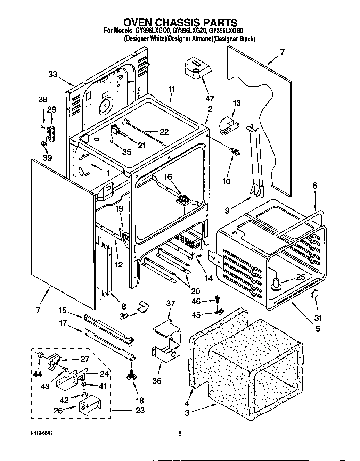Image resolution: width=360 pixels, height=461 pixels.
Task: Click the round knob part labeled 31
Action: tap(314, 294)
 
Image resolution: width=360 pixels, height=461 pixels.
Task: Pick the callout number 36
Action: tap(157, 381)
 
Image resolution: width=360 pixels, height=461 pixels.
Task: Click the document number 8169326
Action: tap(41, 434)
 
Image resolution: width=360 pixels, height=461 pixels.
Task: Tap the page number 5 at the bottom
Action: tap(180, 434)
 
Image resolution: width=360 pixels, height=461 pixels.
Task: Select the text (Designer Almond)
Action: tap(189, 39)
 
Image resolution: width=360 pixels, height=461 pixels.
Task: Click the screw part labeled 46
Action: tap(218, 298)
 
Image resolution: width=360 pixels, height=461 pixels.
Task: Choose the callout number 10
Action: tap(226, 181)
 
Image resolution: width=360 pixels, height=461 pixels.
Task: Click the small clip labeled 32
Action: tap(142, 306)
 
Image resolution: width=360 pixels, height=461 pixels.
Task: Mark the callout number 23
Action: tap(140, 410)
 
